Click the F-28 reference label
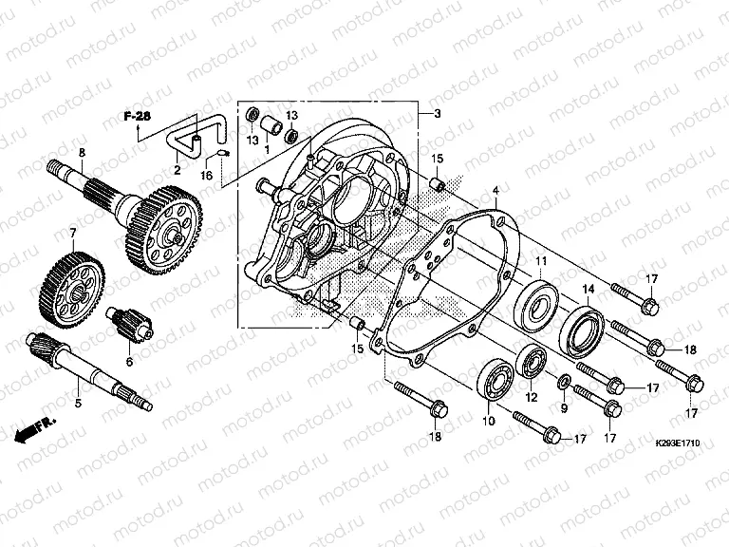pos(138,116)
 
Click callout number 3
pos(438,114)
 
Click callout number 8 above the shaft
pos(82,153)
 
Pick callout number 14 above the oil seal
pos(589,289)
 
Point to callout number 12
pos(533,397)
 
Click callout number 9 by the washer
pos(563,408)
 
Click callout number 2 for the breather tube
pos(178,169)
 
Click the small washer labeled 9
pos(563,382)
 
